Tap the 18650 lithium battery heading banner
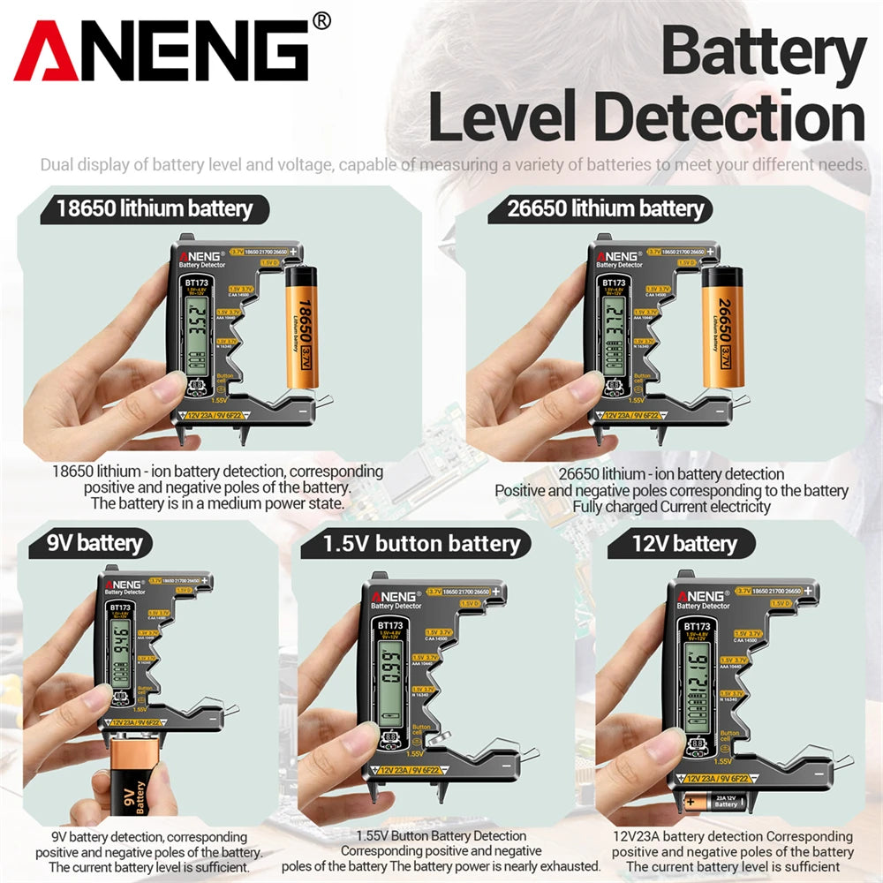pos(155,209)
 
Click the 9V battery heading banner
pos(94,541)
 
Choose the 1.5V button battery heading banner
pos(421,543)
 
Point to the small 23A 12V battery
pos(715,802)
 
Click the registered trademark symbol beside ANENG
pos(321,20)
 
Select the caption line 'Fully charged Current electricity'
pos(671,507)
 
